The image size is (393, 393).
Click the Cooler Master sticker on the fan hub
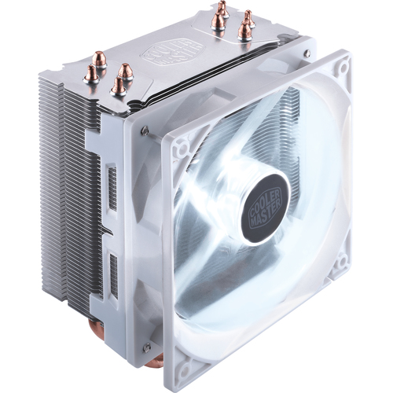pyautogui.click(x=266, y=208)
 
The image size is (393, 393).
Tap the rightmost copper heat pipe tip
pyautogui.click(x=248, y=19)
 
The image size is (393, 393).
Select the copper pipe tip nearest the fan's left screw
pyautogui.click(x=118, y=86)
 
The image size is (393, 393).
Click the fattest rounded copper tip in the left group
pyautogui.click(x=99, y=59)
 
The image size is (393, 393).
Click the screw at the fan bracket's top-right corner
pyautogui.click(x=307, y=53)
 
